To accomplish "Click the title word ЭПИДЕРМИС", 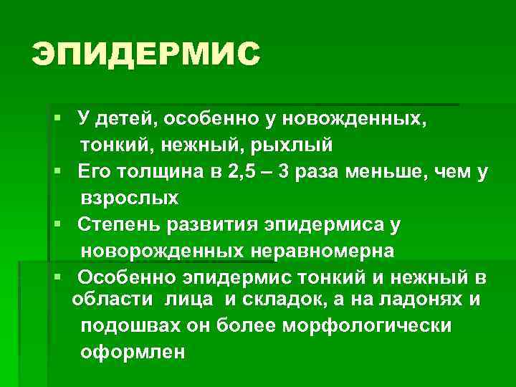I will point(145,54).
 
